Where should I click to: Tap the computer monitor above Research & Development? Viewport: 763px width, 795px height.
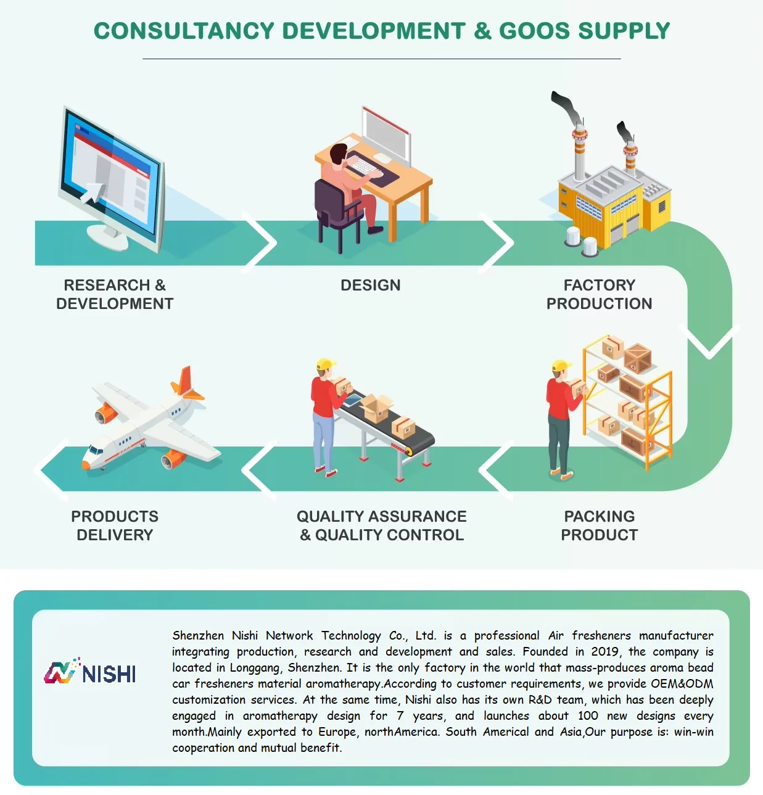tap(111, 176)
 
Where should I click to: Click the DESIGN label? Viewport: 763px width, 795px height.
tap(370, 285)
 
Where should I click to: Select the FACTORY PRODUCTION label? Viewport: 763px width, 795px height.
tap(599, 294)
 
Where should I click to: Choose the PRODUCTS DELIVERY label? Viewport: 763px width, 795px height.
tap(115, 525)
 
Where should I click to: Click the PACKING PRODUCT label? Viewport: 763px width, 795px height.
tap(599, 525)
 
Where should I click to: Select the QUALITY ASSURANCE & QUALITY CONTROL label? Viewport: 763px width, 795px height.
tap(382, 525)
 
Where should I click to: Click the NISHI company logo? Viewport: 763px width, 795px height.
tap(90, 672)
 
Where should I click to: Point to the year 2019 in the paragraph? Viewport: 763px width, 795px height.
tap(604, 652)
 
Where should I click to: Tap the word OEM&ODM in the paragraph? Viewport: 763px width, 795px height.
tap(682, 684)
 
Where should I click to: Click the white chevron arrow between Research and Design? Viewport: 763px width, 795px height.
tap(262, 242)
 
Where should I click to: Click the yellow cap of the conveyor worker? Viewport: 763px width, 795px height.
tap(325, 365)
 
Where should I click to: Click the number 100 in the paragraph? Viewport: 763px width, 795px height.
tap(587, 716)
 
